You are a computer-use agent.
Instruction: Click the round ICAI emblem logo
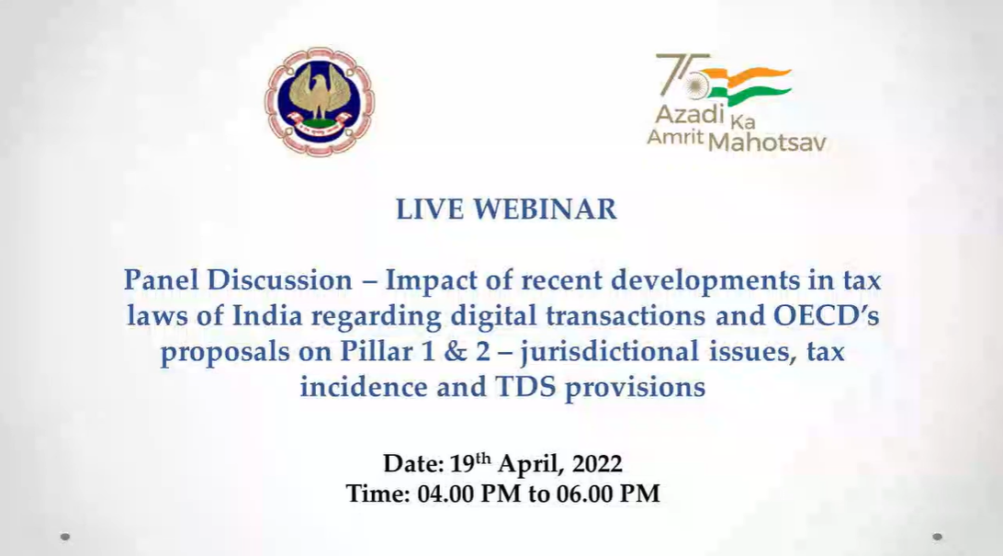(320, 102)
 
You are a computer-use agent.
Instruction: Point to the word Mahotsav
(768, 142)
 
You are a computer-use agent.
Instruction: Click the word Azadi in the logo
(690, 115)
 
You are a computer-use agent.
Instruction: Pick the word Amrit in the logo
(675, 136)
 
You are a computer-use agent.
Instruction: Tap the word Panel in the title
(161, 279)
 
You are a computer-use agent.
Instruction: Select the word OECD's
(827, 315)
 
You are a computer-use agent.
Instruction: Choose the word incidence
(364, 387)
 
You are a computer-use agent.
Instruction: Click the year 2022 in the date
(597, 464)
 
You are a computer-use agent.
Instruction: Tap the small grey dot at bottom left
(65, 537)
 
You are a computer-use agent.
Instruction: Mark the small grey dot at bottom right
(937, 537)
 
